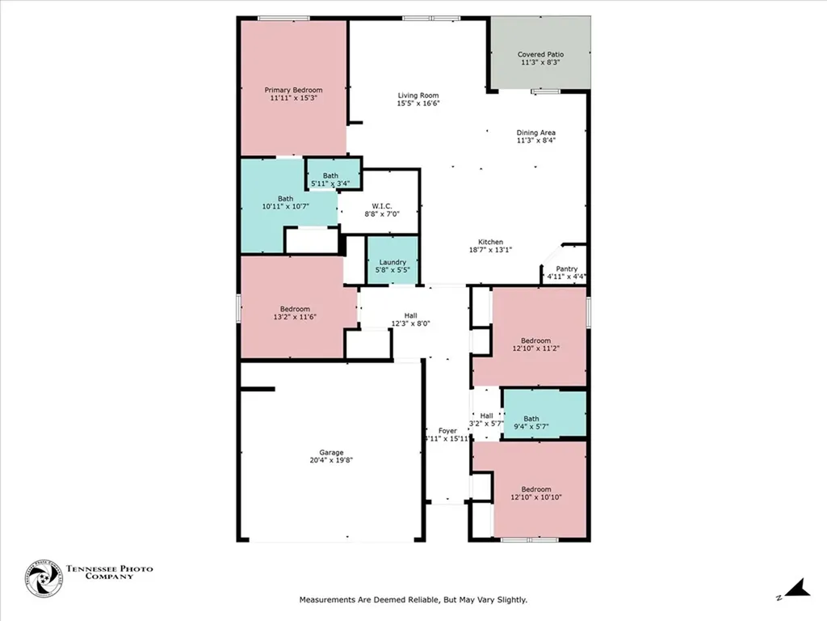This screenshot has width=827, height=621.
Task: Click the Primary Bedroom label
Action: coord(294,90)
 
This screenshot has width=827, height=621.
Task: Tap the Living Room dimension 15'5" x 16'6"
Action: coord(418,103)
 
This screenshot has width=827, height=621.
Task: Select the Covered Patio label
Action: coord(540,55)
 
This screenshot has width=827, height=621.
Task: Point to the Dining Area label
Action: coord(536,133)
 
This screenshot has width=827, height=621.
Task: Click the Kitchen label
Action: coord(490,242)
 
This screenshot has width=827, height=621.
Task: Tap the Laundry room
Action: coord(393,262)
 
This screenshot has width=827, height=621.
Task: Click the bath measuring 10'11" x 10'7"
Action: coord(286,202)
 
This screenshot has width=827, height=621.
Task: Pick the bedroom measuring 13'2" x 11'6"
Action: coord(295,313)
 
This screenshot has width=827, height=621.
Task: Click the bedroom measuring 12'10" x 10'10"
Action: coord(535,493)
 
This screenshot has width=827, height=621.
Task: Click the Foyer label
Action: coord(447,431)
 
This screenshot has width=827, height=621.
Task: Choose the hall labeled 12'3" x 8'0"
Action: coord(411,319)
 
